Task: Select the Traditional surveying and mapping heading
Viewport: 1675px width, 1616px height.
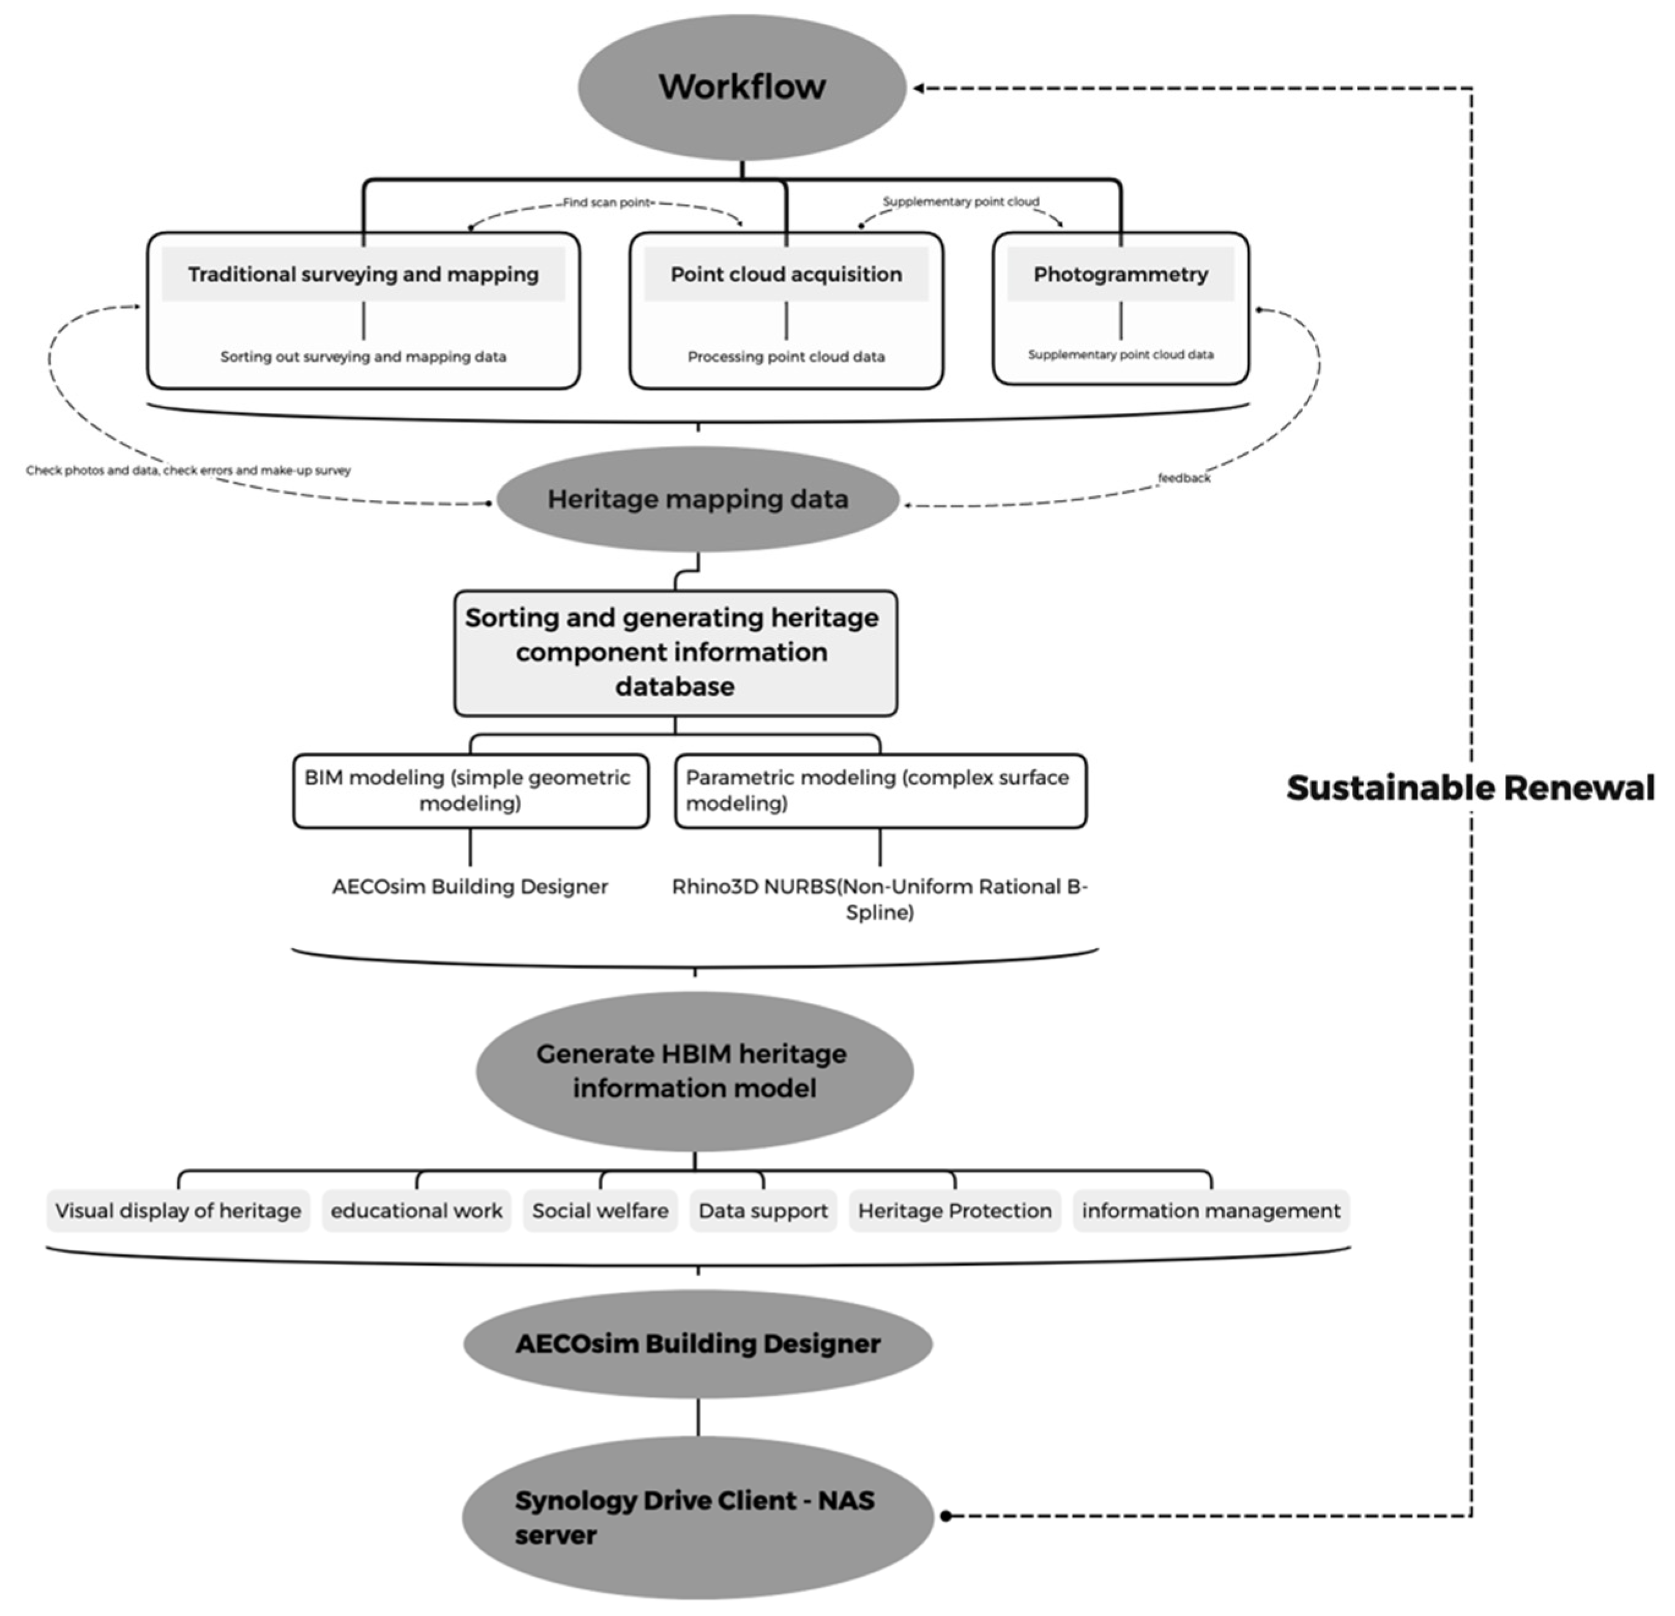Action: click(363, 274)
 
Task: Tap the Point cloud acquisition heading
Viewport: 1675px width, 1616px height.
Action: click(786, 274)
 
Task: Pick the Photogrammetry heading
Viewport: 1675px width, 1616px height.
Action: click(1120, 274)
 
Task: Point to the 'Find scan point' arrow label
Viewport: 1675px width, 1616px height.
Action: click(607, 203)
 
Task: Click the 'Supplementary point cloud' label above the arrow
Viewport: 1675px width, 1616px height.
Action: click(960, 202)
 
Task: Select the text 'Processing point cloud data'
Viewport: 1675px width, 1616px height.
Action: click(786, 356)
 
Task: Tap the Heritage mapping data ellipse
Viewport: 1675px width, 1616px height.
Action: click(697, 499)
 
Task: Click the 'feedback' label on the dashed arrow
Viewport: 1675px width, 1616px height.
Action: click(1184, 478)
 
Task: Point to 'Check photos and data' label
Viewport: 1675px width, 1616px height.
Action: click(188, 470)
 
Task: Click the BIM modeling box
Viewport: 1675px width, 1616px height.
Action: click(470, 791)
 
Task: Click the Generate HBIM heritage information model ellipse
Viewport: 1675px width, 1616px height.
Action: click(694, 1071)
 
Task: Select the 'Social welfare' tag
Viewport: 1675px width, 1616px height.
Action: click(600, 1210)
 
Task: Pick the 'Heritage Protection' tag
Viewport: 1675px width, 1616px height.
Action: click(954, 1210)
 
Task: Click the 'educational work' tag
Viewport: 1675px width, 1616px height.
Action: click(416, 1210)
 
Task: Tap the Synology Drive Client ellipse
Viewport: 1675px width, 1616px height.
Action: click(697, 1517)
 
